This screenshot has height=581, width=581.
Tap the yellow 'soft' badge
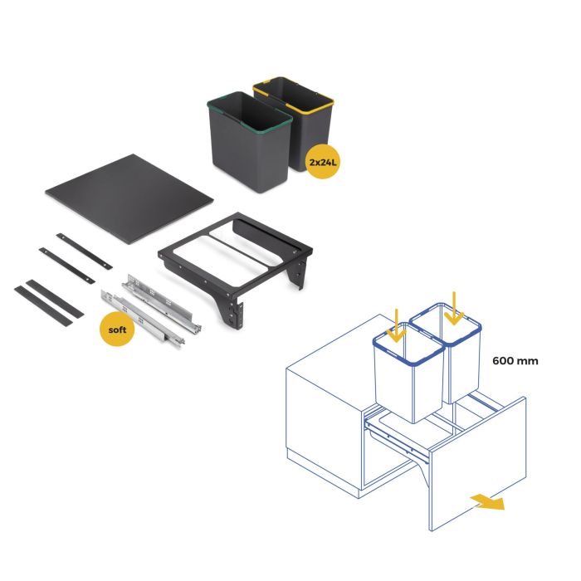pyautogui.click(x=118, y=330)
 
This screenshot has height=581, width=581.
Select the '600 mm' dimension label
pyautogui.click(x=515, y=361)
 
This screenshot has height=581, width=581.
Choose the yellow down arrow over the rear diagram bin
pyautogui.click(x=452, y=307)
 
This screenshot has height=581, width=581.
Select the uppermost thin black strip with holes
pyautogui.click(x=84, y=249)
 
